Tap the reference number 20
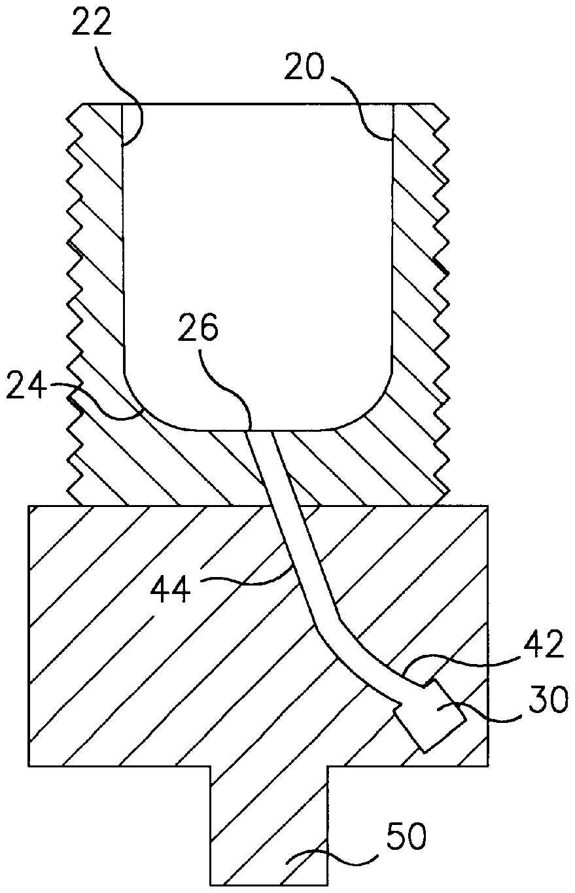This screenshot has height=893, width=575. pos(304,69)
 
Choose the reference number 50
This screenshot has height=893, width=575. pos(407,839)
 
